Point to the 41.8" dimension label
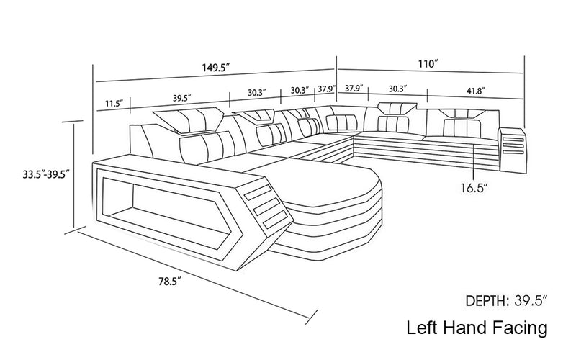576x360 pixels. point(474,91)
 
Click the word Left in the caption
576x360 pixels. point(421,329)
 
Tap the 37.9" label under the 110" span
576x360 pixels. point(353,89)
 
